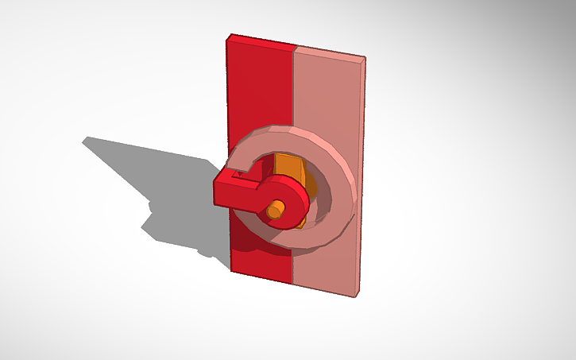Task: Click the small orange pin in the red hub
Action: pos(275,211)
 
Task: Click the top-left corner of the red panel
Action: pos(230,36)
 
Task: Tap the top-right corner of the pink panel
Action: pos(364,58)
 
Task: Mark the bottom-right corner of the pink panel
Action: pos(356,295)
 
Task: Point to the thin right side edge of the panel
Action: pos(361,175)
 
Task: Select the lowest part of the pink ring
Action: pos(306,247)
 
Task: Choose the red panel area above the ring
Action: pos(261,87)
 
